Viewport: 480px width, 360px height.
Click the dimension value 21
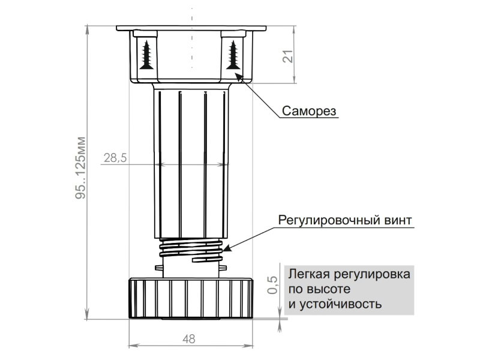(287, 57)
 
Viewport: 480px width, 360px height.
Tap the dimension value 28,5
(115, 158)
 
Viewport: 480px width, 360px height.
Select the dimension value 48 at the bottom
(188, 339)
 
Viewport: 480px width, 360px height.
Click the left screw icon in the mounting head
(146, 54)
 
